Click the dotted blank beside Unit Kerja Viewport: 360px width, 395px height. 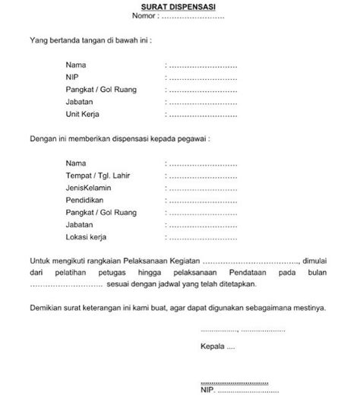click(204, 116)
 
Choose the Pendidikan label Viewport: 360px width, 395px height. click(84, 201)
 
